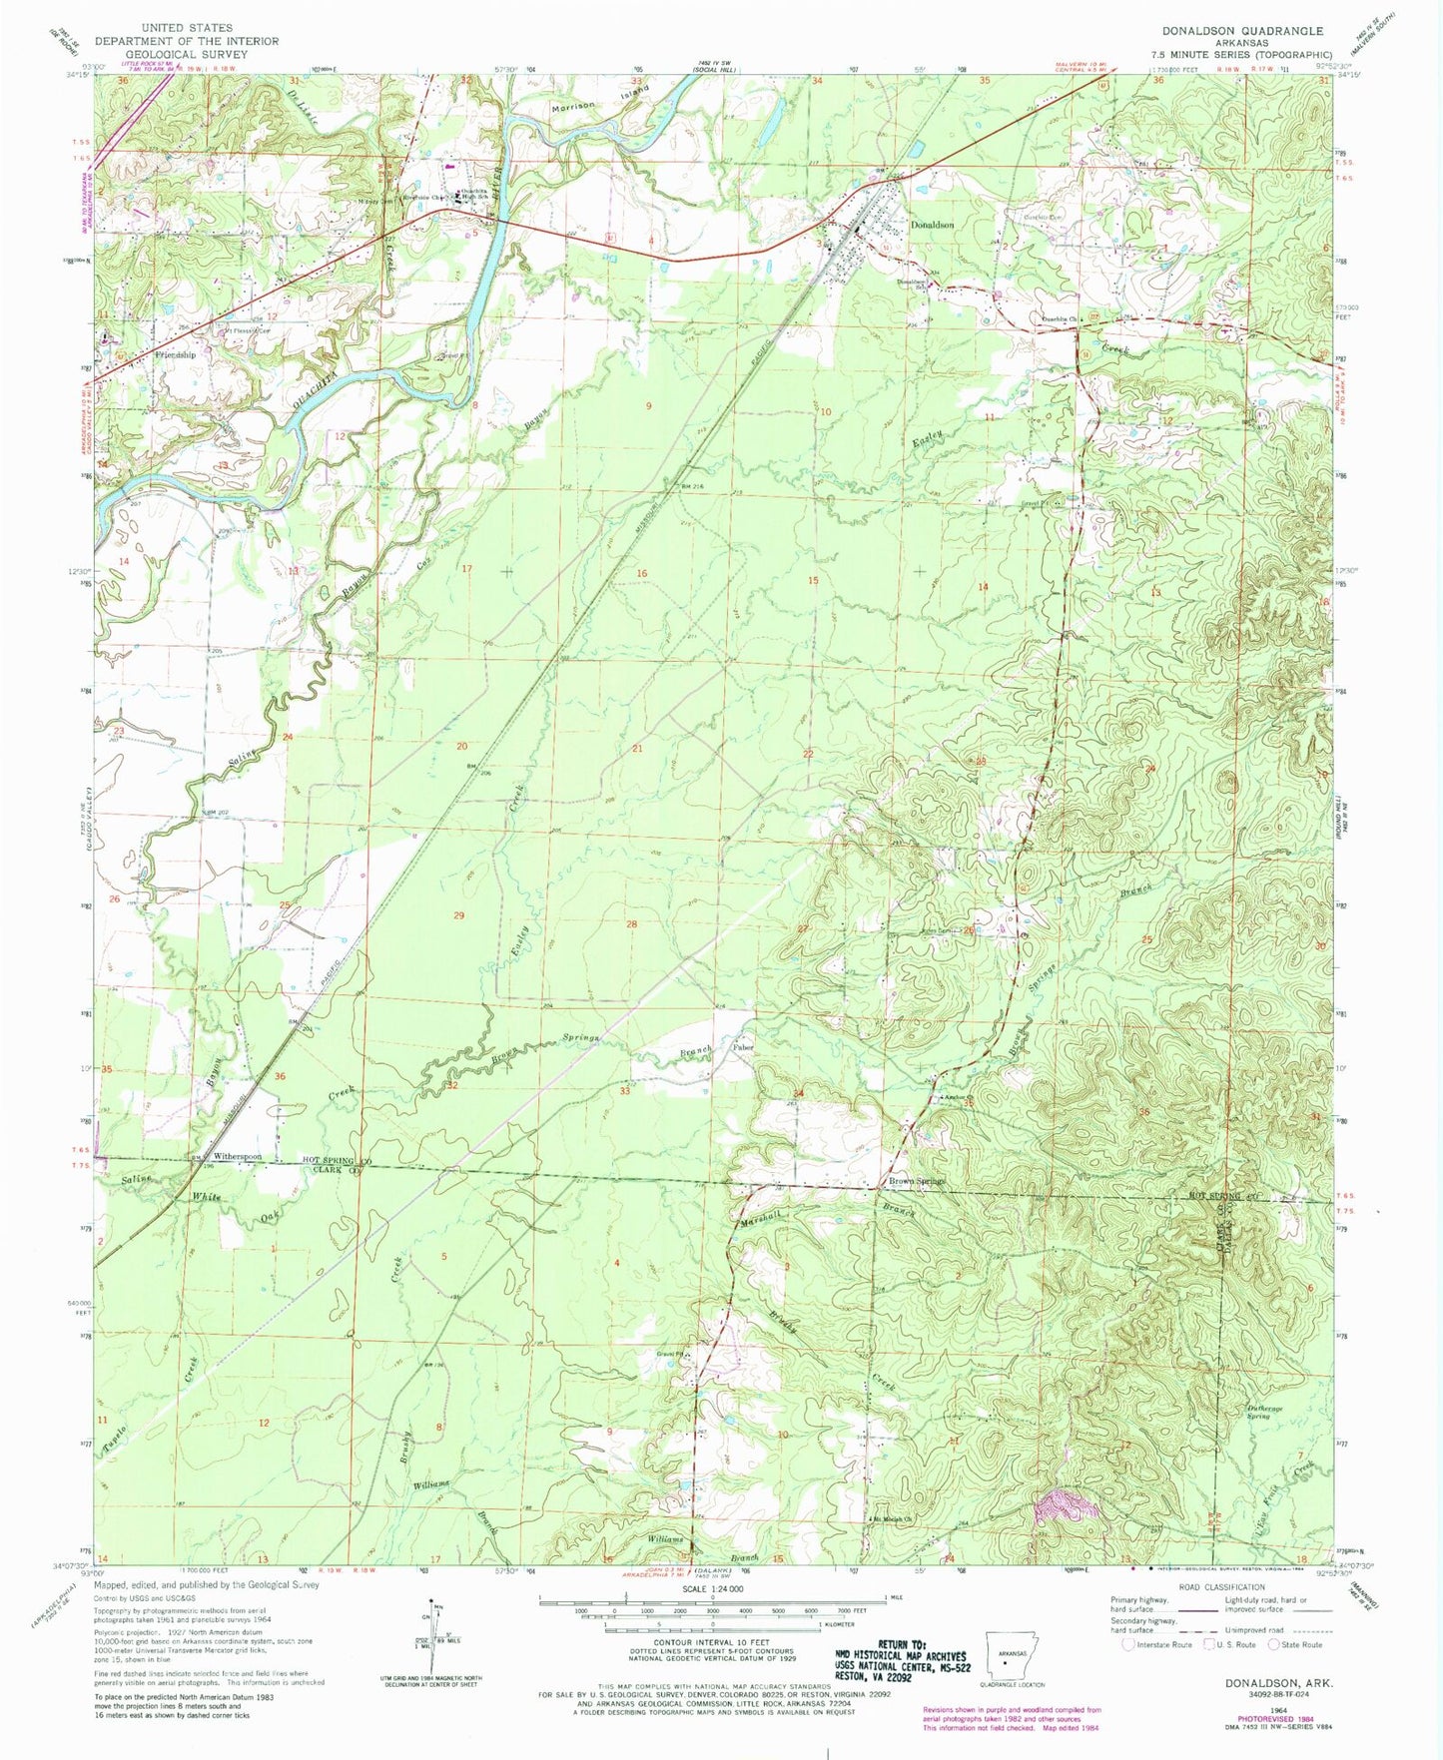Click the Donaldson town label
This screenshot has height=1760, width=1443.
click(x=931, y=225)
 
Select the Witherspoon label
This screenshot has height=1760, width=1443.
click(x=231, y=1157)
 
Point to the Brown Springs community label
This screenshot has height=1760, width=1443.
click(x=916, y=1182)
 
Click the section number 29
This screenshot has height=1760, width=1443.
click(x=458, y=915)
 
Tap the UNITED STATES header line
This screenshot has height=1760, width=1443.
click(x=187, y=28)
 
